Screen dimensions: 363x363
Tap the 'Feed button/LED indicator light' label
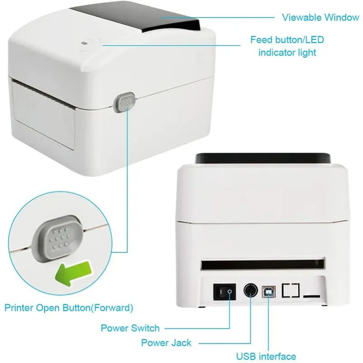point(287,46)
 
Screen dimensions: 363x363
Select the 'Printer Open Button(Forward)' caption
point(69,308)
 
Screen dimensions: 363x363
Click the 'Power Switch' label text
point(130,328)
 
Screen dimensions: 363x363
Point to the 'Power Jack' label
point(166,343)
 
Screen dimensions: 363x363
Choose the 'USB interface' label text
point(265,356)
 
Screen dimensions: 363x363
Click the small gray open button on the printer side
point(126,103)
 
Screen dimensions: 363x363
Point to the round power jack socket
point(251,290)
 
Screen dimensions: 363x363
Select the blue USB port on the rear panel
point(270,290)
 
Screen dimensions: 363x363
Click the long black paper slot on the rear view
point(263,264)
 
